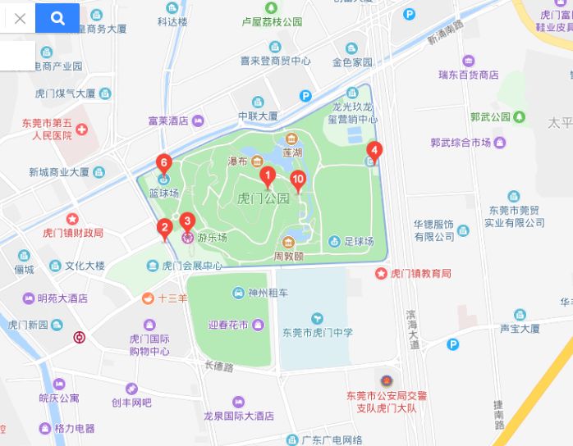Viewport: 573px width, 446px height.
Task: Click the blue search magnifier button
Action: (57, 18)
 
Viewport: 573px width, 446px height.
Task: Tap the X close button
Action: (20, 18)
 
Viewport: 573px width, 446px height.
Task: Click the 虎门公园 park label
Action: (263, 198)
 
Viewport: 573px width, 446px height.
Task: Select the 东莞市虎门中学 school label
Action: (318, 332)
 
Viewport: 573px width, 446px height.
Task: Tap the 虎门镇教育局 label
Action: (419, 273)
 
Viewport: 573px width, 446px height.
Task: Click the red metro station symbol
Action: (79, 337)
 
